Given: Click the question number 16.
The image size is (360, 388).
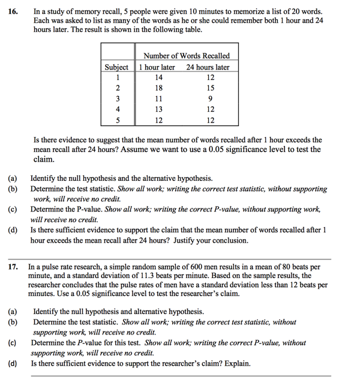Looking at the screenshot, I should [x=14, y=11].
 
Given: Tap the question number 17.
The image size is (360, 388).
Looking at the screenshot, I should [x=14, y=267].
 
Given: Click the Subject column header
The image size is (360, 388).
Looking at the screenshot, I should [x=116, y=67].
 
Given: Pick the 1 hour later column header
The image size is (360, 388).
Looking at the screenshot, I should [x=157, y=67].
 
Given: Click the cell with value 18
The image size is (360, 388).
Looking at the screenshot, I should [x=158, y=88].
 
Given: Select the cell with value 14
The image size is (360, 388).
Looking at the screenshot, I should [x=158, y=77].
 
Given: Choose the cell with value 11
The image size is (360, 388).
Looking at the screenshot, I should [x=158, y=99].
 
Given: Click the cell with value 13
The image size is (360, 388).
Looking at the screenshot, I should [x=158, y=109].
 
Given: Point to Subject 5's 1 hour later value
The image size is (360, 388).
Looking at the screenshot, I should [x=158, y=120].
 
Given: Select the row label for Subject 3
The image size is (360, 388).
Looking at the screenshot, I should [x=118, y=99].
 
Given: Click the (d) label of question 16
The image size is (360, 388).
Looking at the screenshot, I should [x=13, y=230].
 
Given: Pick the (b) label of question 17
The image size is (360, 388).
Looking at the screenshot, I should [x=13, y=323].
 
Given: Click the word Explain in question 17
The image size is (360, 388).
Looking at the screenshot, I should [x=236, y=363].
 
